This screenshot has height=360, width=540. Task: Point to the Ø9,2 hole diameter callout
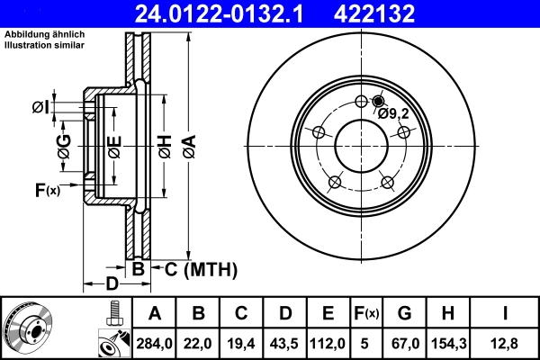pyautogui.click(x=394, y=113)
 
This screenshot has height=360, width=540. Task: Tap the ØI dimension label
pyautogui.click(x=40, y=108)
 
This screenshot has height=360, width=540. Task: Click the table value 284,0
pyautogui.click(x=154, y=343)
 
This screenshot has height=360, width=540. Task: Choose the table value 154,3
pyautogui.click(x=449, y=343)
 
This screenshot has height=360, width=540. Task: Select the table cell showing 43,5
pyautogui.click(x=283, y=343)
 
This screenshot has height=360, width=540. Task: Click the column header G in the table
pyautogui.click(x=404, y=314)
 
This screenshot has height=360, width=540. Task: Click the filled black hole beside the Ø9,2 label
pyautogui.click(x=377, y=101)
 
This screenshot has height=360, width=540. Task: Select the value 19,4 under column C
pyautogui.click(x=240, y=343)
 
